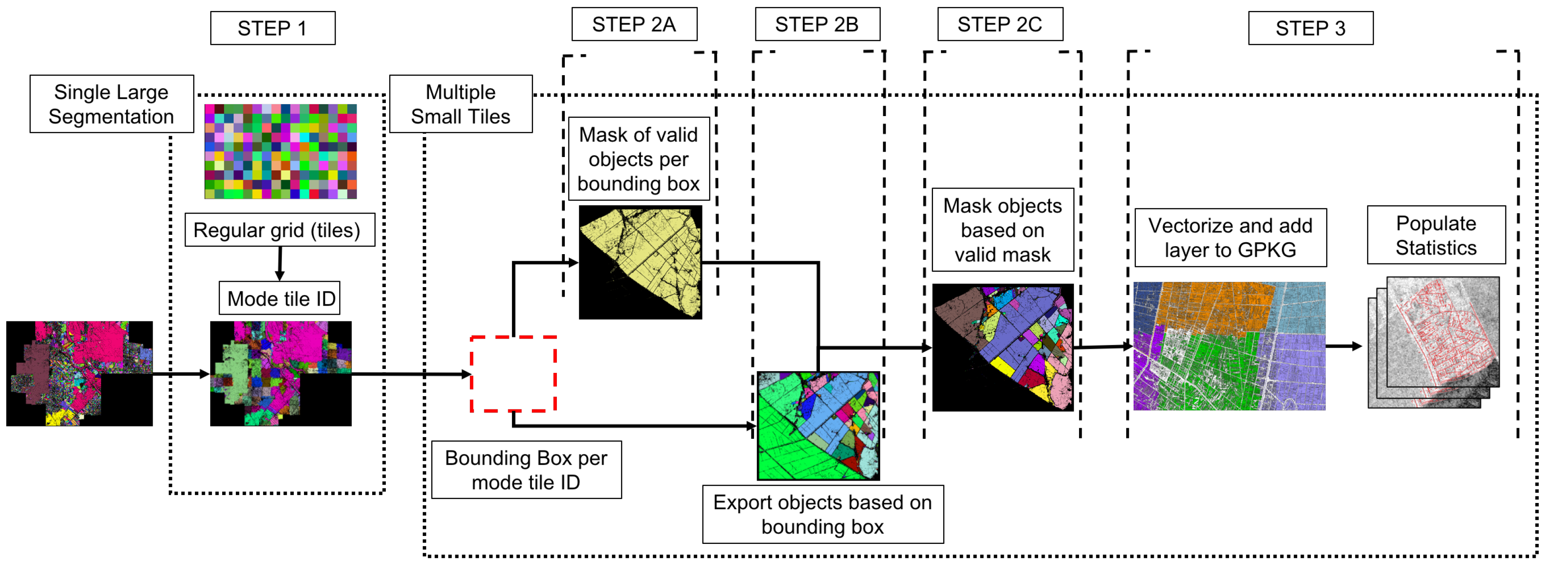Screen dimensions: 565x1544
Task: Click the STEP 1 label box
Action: [x=273, y=28]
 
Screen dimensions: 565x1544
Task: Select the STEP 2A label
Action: [x=634, y=25]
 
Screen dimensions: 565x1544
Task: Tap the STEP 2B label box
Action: [x=817, y=25]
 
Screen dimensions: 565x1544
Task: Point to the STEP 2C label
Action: [x=1000, y=25]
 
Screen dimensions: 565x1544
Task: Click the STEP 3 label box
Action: [x=1310, y=28]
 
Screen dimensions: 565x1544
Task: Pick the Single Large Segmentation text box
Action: [x=111, y=104]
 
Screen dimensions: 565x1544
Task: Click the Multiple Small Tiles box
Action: [x=460, y=104]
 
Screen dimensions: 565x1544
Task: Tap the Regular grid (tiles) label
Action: [x=279, y=230]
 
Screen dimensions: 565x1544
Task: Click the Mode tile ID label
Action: [x=280, y=299]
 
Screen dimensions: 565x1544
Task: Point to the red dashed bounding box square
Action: [x=513, y=374]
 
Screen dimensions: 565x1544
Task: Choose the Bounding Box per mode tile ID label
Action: [x=526, y=470]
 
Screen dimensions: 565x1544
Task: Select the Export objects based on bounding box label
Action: [x=822, y=514]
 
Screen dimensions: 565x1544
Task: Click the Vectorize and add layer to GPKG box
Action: [x=1230, y=238]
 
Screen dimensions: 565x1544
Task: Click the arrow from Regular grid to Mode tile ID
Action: [x=279, y=264]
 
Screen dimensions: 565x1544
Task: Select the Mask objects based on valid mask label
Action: [x=1002, y=230]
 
